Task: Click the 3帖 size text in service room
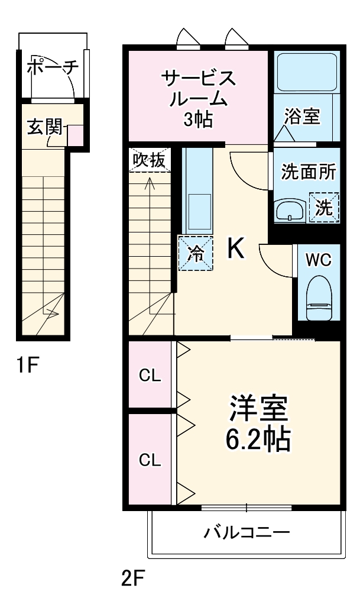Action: point(198,120)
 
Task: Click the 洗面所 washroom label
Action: point(308,173)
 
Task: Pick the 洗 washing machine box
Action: point(325,208)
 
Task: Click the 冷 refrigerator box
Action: point(196,253)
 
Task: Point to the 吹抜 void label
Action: point(148,160)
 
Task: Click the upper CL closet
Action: point(150,376)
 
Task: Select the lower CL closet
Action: point(150,460)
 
